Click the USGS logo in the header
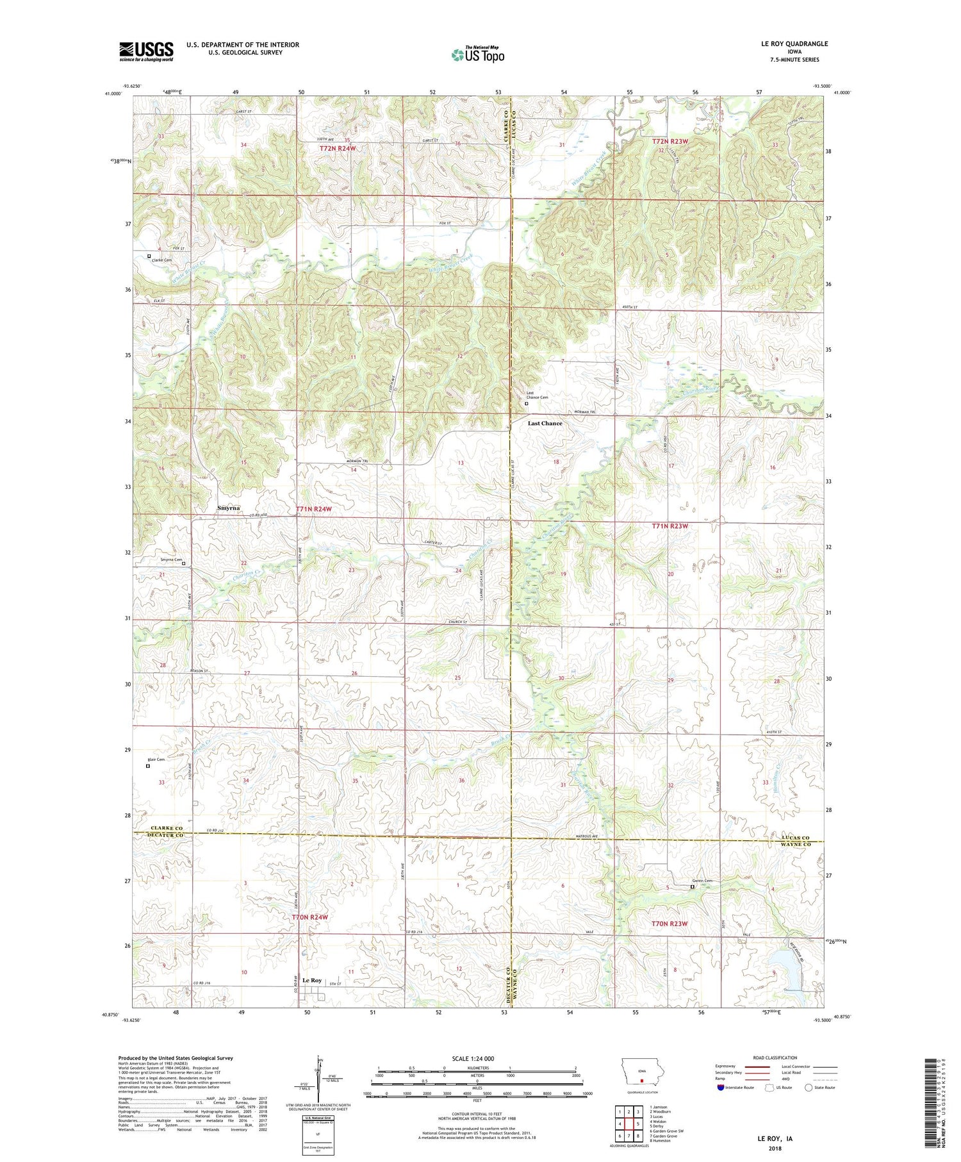[x=146, y=51]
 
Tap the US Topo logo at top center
[x=477, y=54]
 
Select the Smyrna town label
[x=228, y=508]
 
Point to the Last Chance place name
[x=545, y=423]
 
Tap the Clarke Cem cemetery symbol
[x=149, y=256]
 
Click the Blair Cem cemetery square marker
[x=147, y=765]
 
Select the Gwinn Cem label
[x=702, y=881]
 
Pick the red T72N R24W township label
[x=338, y=149]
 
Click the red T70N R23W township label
[x=669, y=924]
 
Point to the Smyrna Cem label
[x=171, y=560]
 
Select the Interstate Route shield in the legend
[x=721, y=1088]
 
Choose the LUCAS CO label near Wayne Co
[x=795, y=837]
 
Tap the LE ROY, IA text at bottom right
[x=775, y=1139]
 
